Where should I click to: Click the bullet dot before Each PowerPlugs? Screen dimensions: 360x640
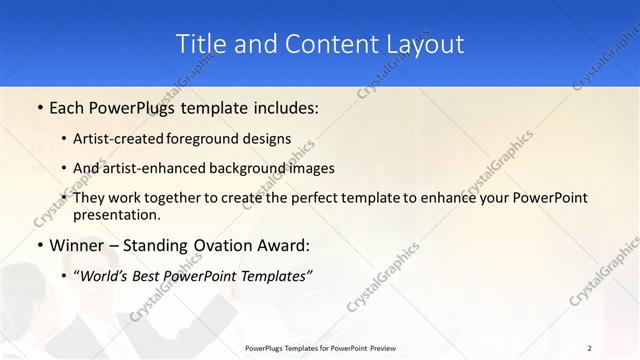coord(39,107)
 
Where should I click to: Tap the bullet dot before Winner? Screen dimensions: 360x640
coord(39,244)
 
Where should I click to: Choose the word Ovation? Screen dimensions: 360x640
coord(218,244)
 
